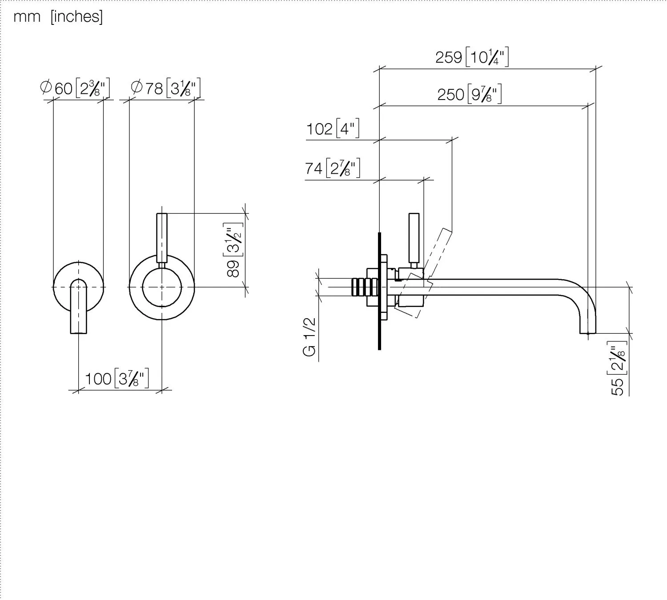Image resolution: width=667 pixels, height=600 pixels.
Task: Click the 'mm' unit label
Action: (27, 17)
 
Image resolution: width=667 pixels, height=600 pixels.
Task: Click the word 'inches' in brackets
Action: (76, 17)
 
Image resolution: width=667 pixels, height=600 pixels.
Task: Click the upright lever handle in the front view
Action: (162, 238)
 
